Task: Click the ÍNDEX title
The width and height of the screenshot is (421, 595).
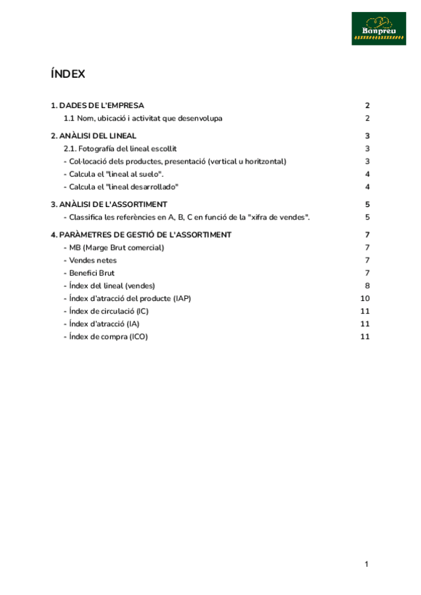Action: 68,74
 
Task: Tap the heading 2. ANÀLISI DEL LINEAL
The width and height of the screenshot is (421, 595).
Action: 94,136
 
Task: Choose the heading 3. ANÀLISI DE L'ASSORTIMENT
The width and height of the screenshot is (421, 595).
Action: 109,204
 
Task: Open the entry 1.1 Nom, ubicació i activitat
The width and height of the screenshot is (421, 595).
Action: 143,119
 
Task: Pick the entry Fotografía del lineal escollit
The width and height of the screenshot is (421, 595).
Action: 120,149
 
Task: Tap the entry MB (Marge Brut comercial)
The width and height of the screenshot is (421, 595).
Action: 114,248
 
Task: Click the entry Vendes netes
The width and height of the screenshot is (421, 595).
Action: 91,260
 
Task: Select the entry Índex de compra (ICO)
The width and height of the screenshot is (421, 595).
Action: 106,337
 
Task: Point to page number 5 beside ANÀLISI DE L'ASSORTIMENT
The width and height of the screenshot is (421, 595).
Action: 367,204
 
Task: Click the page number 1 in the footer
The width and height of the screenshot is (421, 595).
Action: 366,564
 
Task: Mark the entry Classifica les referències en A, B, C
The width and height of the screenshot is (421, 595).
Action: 187,218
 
